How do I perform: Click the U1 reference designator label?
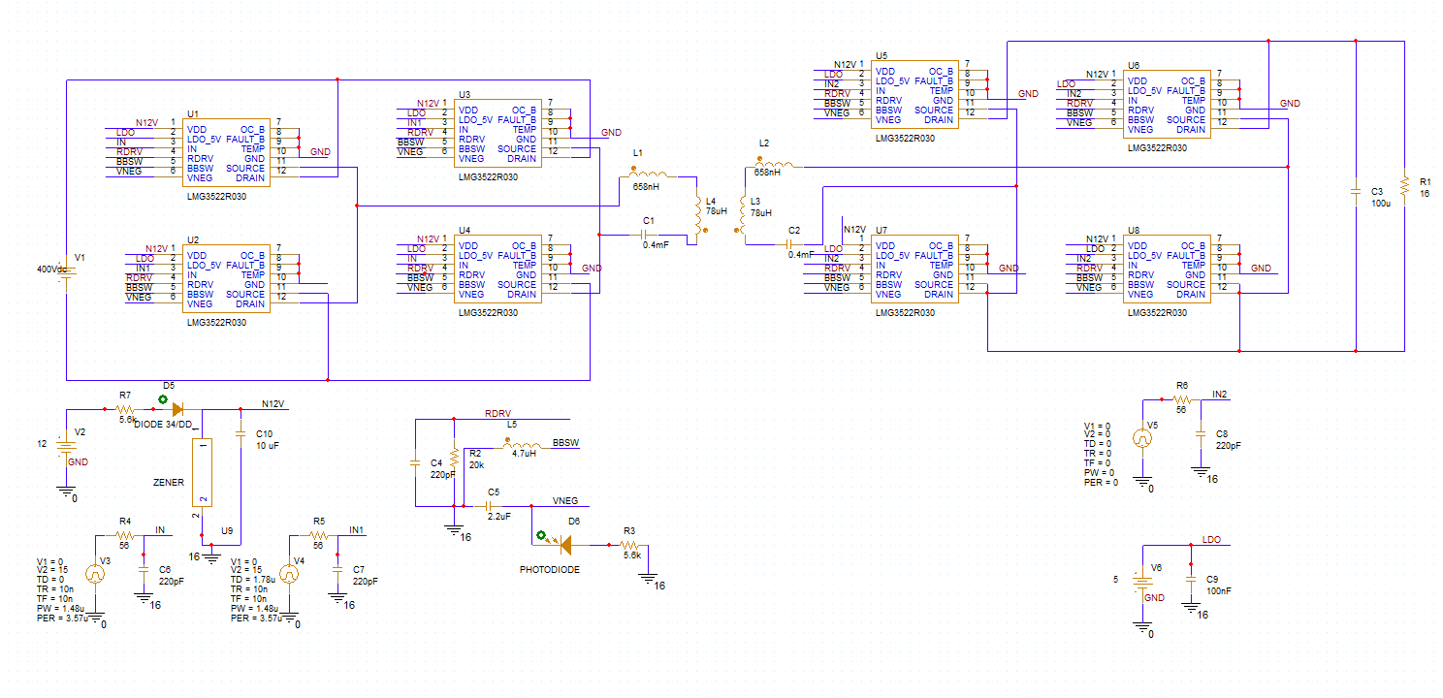click(x=193, y=114)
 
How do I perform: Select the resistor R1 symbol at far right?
click(x=1404, y=187)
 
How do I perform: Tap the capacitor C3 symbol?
click(x=1356, y=191)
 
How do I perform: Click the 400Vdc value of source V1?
click(x=51, y=270)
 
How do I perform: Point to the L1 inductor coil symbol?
click(x=649, y=173)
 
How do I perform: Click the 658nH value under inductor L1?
click(x=646, y=187)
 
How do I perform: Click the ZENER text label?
click(x=168, y=482)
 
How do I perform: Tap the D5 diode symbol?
click(x=177, y=409)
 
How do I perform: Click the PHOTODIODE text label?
click(x=550, y=570)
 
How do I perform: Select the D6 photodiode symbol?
click(x=565, y=546)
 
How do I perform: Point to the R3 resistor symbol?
click(x=629, y=546)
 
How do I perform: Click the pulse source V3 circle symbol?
click(x=95, y=573)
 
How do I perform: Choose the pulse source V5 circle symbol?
click(x=1142, y=438)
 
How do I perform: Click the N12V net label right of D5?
click(x=273, y=403)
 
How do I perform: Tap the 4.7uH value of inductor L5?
click(x=524, y=454)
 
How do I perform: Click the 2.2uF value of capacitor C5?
click(x=499, y=516)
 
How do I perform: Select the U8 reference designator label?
click(x=1134, y=230)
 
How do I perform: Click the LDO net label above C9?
click(x=1211, y=540)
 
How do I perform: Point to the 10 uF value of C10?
click(x=268, y=446)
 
